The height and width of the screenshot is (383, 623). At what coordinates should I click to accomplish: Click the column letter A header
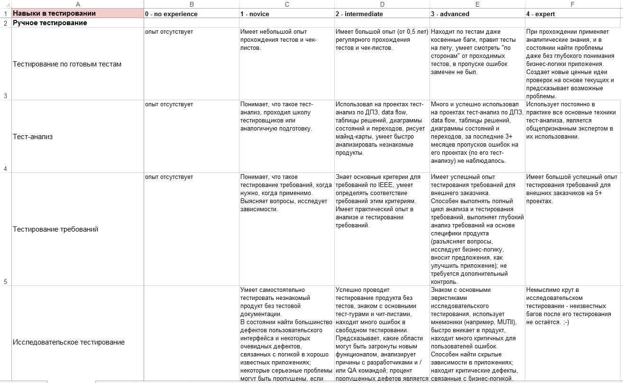(x=78, y=4)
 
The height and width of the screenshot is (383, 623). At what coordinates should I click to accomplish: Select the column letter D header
(x=382, y=4)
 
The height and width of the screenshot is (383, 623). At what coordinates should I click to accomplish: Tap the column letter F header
(x=573, y=4)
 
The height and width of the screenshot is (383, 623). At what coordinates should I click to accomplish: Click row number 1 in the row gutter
(x=5, y=14)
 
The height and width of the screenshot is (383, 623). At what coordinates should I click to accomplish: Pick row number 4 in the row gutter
(x=5, y=168)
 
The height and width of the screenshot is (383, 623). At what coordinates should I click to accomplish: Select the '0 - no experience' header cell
(x=172, y=14)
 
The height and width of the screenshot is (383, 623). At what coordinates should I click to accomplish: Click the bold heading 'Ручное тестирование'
(x=50, y=23)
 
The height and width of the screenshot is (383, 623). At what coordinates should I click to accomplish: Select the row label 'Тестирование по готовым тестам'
(x=67, y=64)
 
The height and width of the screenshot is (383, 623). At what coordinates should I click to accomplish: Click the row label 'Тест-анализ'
(x=33, y=137)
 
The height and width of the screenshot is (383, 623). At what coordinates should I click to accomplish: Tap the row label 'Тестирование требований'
(x=55, y=229)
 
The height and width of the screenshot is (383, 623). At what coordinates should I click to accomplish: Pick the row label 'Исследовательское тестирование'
(x=68, y=342)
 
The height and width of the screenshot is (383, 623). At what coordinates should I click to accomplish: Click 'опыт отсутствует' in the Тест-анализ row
(x=169, y=104)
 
